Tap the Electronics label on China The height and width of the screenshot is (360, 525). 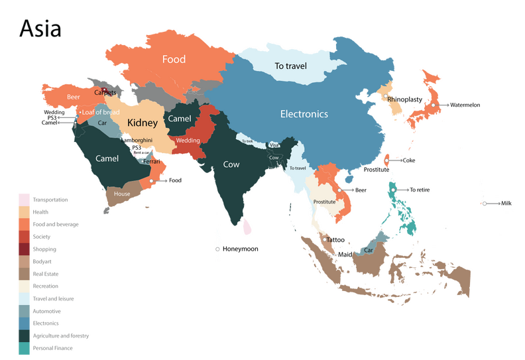tap(304, 114)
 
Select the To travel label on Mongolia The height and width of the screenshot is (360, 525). tap(290, 66)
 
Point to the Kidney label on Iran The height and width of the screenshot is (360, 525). tap(143, 123)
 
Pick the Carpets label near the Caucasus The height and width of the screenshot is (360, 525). tap(105, 93)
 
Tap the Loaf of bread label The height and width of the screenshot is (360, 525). tap(101, 112)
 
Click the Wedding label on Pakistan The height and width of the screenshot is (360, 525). tap(188, 141)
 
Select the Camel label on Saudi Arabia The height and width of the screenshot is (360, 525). tap(107, 158)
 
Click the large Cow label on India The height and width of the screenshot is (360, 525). tap(231, 164)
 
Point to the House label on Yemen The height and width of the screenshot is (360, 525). tap(122, 194)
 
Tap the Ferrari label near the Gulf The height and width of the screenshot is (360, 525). tap(152, 162)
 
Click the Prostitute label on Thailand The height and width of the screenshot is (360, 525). tap(324, 202)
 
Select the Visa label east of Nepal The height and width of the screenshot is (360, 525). tap(273, 145)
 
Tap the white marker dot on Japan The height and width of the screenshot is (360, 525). tap(432, 105)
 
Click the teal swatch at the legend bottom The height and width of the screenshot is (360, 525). tap(23, 349)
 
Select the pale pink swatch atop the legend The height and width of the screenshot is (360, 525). tap(23, 199)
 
